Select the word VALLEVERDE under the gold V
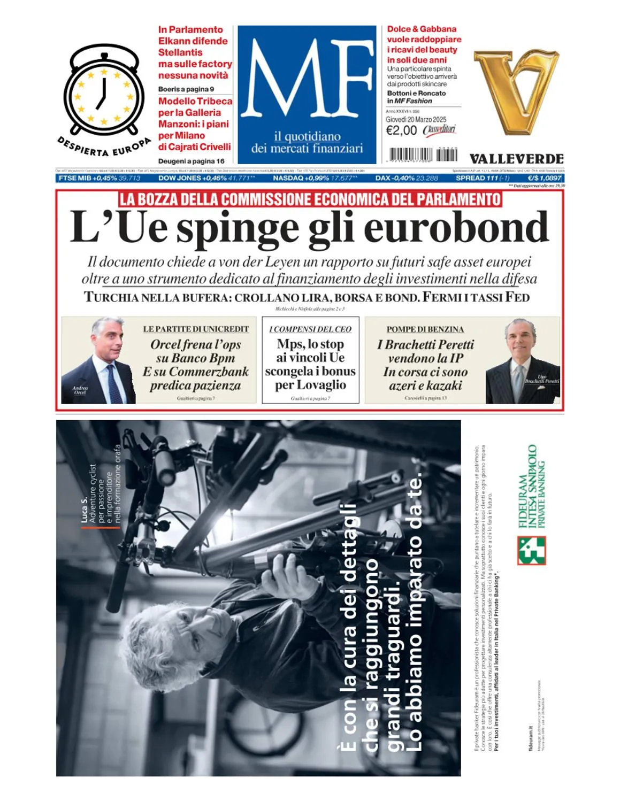516,159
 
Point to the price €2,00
401,130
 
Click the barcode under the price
423,155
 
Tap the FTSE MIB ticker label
74,178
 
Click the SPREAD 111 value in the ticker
477,178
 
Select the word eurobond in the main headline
456,227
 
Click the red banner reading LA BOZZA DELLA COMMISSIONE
310,199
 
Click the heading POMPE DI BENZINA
425,329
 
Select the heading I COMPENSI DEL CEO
310,329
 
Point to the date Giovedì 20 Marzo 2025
416,120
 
